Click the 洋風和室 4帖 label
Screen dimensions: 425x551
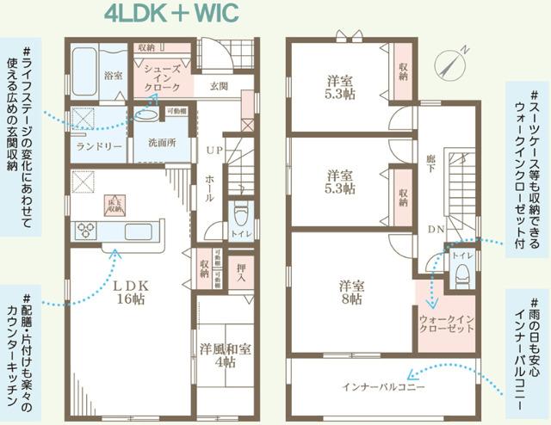coord(225,356)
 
